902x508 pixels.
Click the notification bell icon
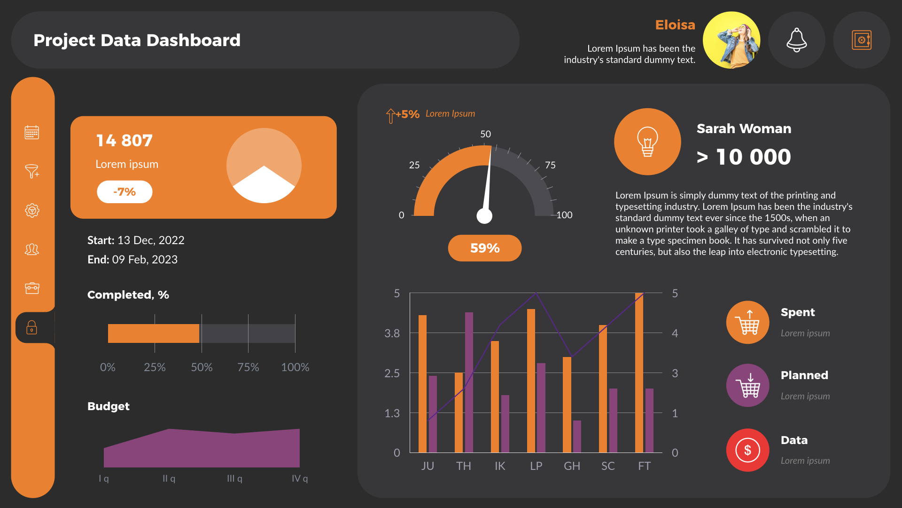pos(796,40)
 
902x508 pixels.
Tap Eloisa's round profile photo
pos(731,40)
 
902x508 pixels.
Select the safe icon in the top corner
pos(861,40)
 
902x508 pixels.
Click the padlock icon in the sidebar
pos(31,327)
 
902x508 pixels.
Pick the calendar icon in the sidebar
pos(31,133)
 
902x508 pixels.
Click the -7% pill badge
pos(124,192)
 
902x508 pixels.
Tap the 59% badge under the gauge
pos(484,248)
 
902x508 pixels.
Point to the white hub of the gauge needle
pos(484,216)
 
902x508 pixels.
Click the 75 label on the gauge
pos(550,165)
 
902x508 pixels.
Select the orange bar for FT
pos(639,373)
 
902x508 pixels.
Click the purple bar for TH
pos(469,382)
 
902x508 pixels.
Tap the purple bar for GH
pos(577,437)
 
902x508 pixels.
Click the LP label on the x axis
pos(536,466)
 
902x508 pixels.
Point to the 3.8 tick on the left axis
pos(392,333)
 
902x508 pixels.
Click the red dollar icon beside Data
pos(747,450)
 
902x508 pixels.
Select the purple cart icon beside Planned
pos(747,386)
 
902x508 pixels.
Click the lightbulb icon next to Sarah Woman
pos(647,142)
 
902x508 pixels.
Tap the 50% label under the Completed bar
pos(202,367)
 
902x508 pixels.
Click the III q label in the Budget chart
pos(234,478)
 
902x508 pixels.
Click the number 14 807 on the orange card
pos(124,141)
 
